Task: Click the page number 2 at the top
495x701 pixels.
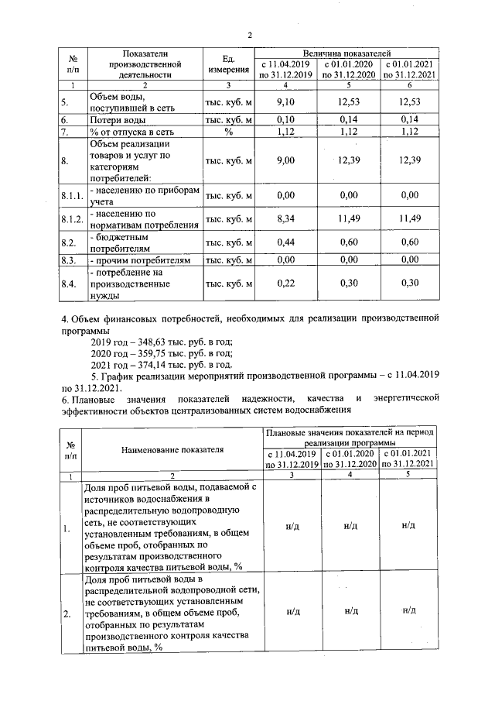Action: (x=250, y=33)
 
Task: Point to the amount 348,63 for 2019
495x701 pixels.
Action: (x=150, y=342)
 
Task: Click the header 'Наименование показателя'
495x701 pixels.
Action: (x=172, y=448)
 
